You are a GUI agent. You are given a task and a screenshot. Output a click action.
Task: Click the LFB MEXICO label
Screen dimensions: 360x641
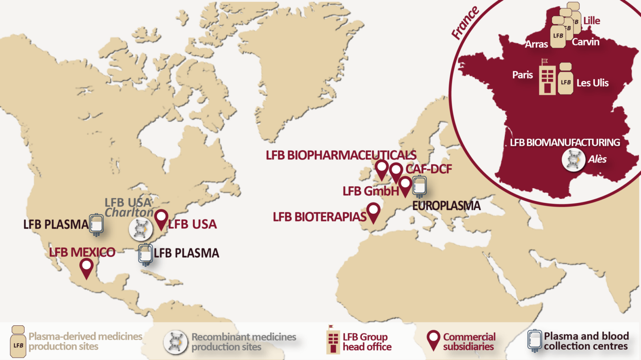click(82, 253)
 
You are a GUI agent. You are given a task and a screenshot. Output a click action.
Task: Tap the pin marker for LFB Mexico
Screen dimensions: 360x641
click(86, 267)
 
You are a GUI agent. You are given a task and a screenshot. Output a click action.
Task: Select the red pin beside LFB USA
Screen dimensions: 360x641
click(161, 219)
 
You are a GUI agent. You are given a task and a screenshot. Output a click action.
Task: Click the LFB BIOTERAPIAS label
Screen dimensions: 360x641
click(319, 216)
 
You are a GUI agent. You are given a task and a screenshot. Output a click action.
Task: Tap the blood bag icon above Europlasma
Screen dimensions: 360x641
click(419, 187)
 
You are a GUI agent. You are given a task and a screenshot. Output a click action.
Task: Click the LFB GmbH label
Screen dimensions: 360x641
click(370, 190)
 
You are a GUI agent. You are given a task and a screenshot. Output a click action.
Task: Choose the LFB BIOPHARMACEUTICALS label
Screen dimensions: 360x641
click(341, 155)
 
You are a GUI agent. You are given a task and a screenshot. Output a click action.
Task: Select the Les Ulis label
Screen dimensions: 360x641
click(592, 83)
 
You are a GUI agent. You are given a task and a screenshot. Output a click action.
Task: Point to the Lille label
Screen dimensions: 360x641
click(592, 21)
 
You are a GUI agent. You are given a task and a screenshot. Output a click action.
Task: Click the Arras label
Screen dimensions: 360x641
click(537, 44)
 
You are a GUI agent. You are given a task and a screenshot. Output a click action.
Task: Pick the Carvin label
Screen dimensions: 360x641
click(585, 42)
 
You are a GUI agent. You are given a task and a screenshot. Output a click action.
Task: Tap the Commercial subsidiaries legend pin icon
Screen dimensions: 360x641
click(433, 341)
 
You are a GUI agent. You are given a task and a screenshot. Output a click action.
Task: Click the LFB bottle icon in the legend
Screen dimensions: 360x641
click(18, 341)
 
